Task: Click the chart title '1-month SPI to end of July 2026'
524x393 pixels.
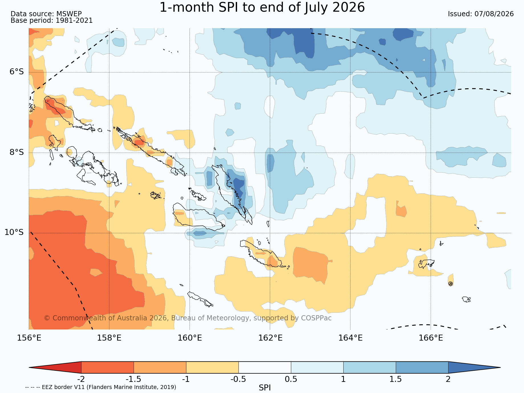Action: (x=262, y=7)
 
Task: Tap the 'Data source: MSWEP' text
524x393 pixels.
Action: (x=46, y=14)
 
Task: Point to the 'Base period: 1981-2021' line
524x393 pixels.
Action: (x=52, y=21)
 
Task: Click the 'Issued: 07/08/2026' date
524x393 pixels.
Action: (x=481, y=14)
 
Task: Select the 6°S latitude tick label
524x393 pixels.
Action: (x=17, y=71)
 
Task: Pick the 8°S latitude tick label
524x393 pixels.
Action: (x=17, y=152)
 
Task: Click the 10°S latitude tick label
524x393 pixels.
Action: (x=14, y=232)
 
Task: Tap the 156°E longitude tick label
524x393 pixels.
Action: (x=29, y=338)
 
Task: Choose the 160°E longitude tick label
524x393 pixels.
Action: (x=190, y=338)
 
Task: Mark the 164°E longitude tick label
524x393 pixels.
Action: (x=350, y=338)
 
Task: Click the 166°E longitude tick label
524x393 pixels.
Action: (x=431, y=338)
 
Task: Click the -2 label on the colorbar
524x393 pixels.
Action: (x=81, y=379)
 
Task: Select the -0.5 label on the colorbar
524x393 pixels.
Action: (x=238, y=379)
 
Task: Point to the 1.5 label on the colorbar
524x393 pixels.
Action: (x=396, y=379)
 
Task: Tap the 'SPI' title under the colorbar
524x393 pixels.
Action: (x=265, y=388)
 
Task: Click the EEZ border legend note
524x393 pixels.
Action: (x=101, y=387)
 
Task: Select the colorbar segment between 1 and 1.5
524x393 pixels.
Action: (x=370, y=367)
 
